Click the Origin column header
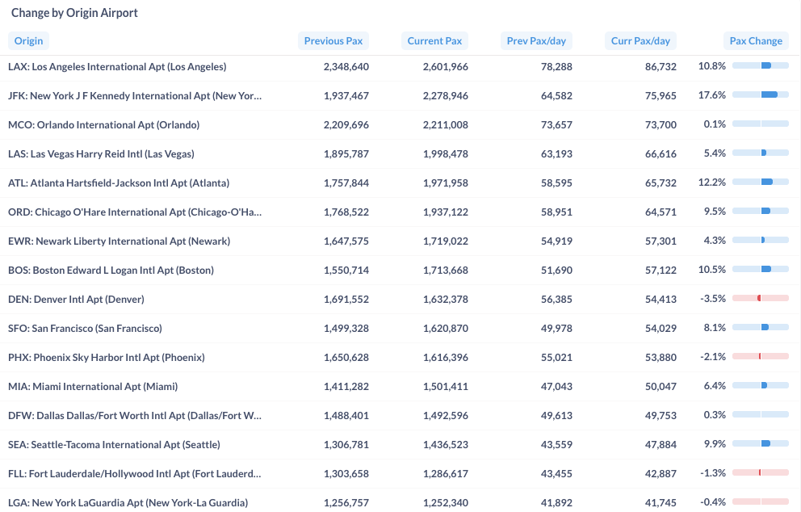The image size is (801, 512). pos(28,41)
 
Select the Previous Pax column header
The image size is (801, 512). pos(333,41)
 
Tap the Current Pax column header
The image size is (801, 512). pos(434,41)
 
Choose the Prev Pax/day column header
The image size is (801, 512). pos(536,41)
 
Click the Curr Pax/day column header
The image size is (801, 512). pos(640,41)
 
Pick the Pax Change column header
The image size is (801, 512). pos(756,41)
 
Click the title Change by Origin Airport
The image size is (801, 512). pos(74,13)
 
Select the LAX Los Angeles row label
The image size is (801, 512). pos(117,66)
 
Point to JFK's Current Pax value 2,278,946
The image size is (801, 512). pos(446,95)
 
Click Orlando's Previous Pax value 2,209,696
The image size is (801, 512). pos(346,124)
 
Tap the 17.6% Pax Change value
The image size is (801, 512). pos(712,95)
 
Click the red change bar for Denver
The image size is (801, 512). pos(759,298)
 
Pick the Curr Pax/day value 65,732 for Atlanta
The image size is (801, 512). pos(661,183)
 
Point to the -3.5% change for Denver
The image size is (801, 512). pos(713,299)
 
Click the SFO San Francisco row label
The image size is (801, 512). pos(85,328)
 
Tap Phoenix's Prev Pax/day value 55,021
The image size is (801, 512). pos(556,357)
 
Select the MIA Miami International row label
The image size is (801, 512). pos(93,386)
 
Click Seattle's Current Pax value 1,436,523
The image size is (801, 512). pos(446,444)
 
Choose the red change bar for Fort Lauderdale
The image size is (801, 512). pos(760,472)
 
